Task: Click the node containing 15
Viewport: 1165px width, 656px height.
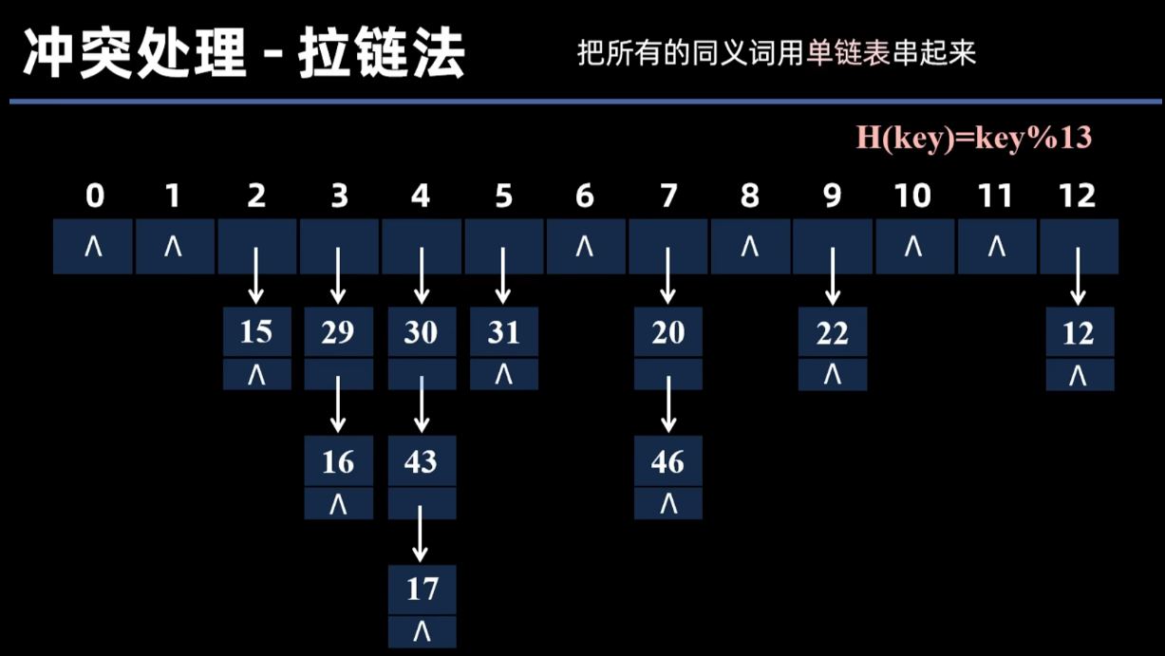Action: [x=256, y=332]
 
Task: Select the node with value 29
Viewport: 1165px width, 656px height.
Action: [x=338, y=332]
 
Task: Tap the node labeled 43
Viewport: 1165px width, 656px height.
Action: [x=422, y=461]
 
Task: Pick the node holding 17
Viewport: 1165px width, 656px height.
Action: [x=422, y=590]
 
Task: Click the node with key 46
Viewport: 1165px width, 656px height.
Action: [x=667, y=461]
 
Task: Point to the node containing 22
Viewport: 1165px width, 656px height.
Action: [x=832, y=333]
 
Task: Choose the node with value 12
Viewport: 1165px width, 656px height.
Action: [x=1079, y=333]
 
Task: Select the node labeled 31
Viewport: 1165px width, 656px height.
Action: [x=503, y=332]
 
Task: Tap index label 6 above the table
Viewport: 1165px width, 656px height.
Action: [x=585, y=197]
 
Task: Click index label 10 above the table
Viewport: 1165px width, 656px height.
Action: [x=912, y=197]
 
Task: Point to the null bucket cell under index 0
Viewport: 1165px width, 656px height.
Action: [x=93, y=247]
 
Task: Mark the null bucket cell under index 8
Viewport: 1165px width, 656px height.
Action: [x=750, y=247]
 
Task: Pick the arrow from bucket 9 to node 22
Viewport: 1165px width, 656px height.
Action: [x=833, y=276]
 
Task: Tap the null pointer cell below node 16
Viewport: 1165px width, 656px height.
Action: [x=338, y=504]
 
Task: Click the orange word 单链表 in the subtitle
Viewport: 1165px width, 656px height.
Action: [x=840, y=53]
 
